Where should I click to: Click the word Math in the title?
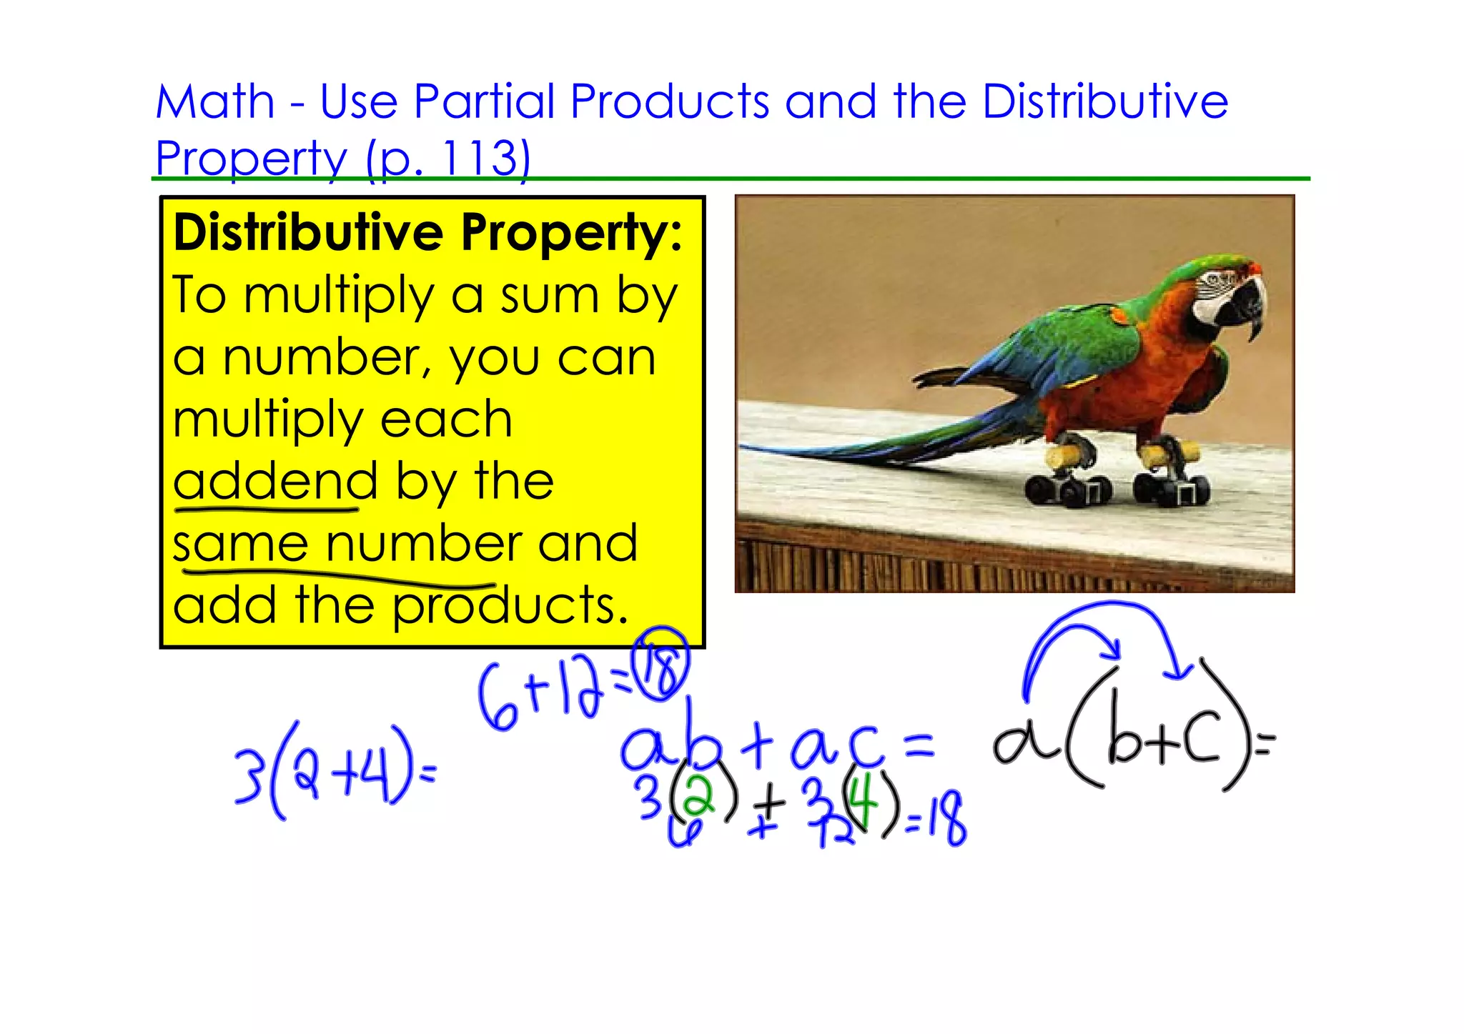click(x=215, y=101)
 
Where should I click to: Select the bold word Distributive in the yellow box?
click(x=309, y=233)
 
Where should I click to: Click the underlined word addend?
click(x=275, y=482)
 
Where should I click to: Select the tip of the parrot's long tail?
click(x=747, y=447)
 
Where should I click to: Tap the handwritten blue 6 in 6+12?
click(x=498, y=699)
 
